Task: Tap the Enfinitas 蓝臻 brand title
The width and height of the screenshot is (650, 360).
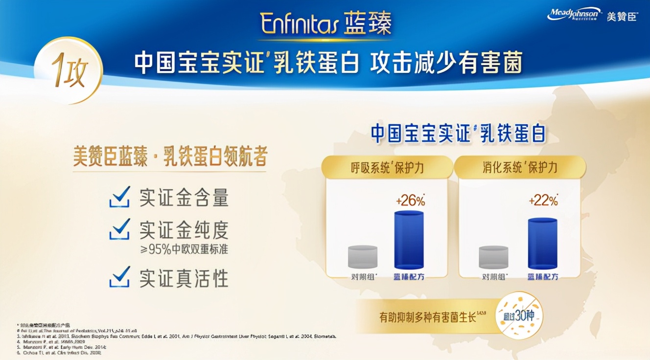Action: [x=325, y=23]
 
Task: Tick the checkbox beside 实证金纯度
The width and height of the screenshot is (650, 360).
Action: [x=120, y=229]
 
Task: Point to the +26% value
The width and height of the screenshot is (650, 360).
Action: [x=410, y=201]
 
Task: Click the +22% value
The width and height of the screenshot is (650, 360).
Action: [x=543, y=201]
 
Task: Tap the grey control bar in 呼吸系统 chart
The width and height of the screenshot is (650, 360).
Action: [x=363, y=257]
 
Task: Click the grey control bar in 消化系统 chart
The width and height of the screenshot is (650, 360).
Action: [x=494, y=257]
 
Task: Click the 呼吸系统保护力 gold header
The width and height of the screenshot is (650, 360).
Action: [x=387, y=168]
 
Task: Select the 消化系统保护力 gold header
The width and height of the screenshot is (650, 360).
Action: [x=520, y=168]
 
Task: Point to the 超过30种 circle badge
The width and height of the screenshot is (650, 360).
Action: [x=519, y=316]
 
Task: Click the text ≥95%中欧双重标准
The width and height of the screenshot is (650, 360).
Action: [x=184, y=249]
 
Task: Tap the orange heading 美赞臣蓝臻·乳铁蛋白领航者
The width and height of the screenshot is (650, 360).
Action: [x=170, y=158]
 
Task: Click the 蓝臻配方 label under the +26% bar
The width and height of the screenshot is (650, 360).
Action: [x=409, y=277]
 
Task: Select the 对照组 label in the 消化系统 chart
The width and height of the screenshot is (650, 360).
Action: [x=494, y=277]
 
